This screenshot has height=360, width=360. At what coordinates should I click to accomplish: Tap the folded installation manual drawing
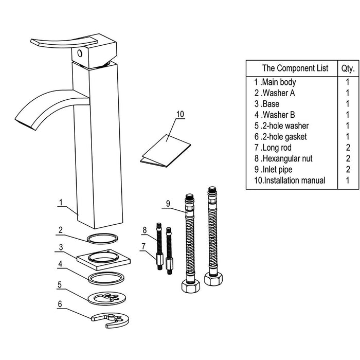coord(165,151)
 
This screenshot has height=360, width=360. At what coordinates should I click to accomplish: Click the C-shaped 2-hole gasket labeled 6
coord(110,319)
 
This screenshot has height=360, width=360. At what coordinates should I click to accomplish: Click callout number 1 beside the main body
coord(61,202)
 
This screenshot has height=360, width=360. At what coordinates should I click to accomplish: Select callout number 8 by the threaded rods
coord(145,229)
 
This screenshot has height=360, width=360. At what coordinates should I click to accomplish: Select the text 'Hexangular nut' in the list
coord(293,158)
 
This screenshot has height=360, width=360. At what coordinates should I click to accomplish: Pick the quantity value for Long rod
coord(348,148)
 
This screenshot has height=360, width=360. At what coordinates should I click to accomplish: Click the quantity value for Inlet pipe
coord(348,169)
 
